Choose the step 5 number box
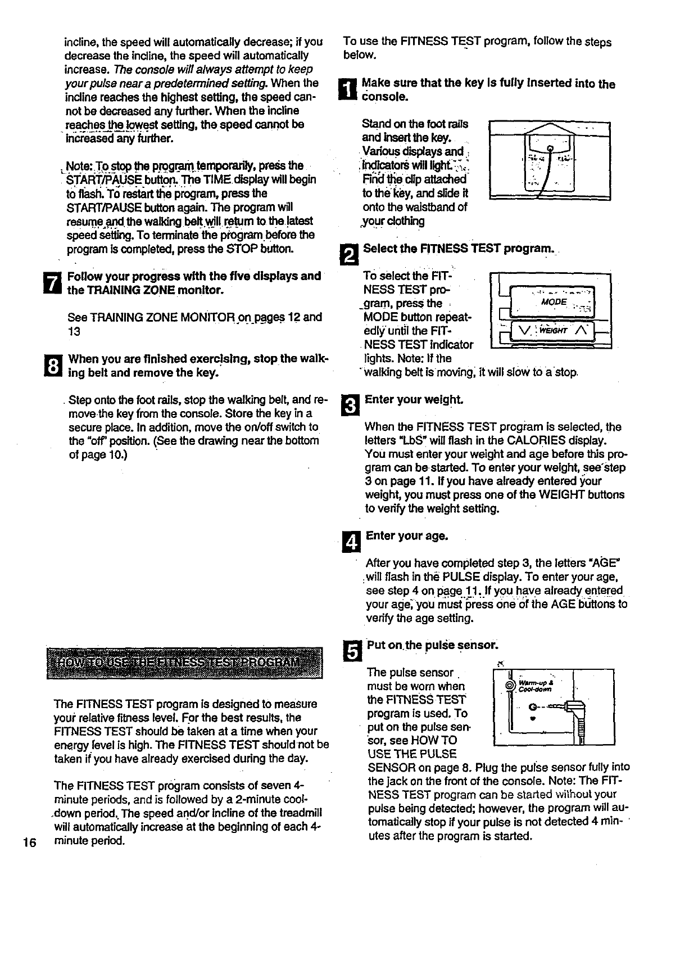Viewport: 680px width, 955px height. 350,651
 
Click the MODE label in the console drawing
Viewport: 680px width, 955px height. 554,302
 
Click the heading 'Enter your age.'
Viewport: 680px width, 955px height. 407,536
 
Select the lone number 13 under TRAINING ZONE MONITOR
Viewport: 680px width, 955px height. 74,331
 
